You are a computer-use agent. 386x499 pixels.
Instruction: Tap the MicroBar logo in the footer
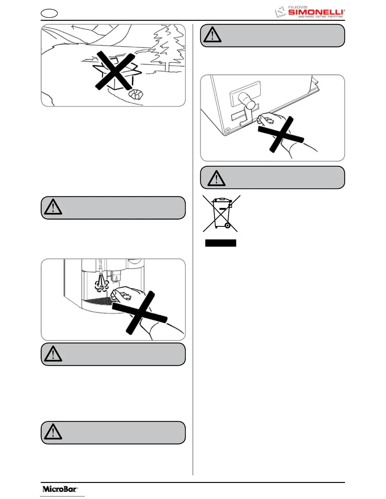pos(60,489)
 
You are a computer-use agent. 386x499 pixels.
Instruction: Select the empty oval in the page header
pos(49,14)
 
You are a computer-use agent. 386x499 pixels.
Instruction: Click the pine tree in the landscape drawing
pos(167,47)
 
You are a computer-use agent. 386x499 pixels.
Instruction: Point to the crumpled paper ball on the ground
pos(136,94)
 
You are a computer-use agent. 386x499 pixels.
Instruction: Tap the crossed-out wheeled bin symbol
pos(221,213)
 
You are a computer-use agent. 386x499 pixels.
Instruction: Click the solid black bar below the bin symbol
pos(220,243)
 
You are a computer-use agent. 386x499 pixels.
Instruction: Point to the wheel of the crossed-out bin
pos(227,226)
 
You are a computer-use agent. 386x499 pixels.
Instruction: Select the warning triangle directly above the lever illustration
pos(212,35)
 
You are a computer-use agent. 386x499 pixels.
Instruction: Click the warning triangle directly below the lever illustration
pos(216,178)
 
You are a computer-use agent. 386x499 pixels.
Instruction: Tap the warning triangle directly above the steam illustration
pos(53,207)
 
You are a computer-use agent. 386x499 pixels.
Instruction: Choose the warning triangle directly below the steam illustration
pos(53,354)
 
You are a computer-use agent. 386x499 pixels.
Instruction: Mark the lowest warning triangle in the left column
pos(53,432)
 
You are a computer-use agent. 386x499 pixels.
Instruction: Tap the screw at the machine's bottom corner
pos(227,130)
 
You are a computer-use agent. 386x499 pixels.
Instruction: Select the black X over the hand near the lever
pos(281,135)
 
